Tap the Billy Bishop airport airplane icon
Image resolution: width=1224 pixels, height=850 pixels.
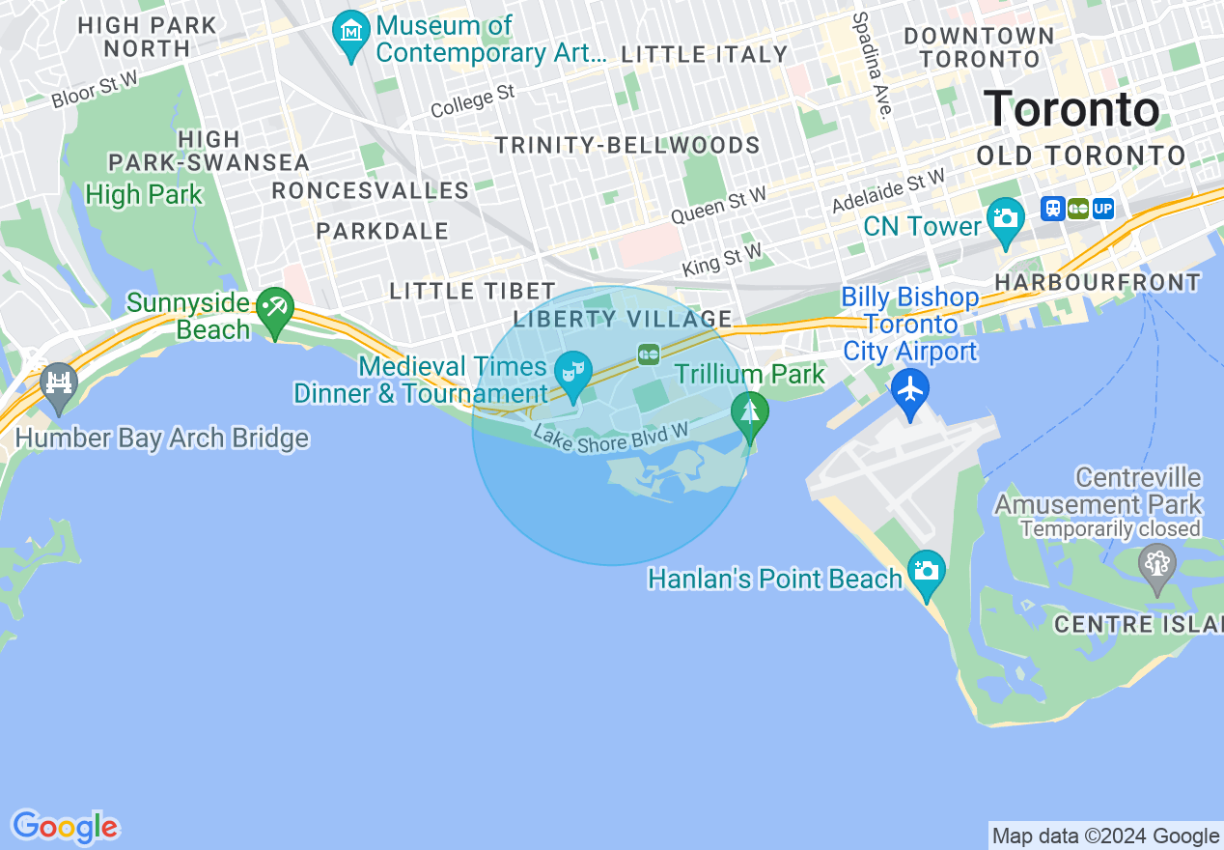click(909, 389)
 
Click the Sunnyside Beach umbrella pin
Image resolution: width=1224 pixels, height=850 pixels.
click(275, 308)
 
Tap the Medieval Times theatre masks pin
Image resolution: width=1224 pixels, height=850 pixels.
click(574, 369)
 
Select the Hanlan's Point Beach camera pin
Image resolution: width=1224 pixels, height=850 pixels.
click(927, 568)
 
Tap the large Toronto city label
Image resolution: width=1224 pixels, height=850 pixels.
click(1071, 109)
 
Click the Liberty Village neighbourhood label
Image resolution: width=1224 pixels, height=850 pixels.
click(623, 319)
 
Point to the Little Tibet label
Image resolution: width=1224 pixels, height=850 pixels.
click(472, 291)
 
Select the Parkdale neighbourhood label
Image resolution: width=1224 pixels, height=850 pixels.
click(382, 231)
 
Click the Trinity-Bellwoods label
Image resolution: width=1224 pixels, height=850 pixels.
click(627, 146)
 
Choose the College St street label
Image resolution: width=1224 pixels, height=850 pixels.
click(473, 100)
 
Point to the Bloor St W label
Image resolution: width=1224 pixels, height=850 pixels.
click(95, 92)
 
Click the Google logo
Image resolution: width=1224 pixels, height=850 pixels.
click(65, 828)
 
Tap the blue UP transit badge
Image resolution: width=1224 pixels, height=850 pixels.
click(1103, 209)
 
